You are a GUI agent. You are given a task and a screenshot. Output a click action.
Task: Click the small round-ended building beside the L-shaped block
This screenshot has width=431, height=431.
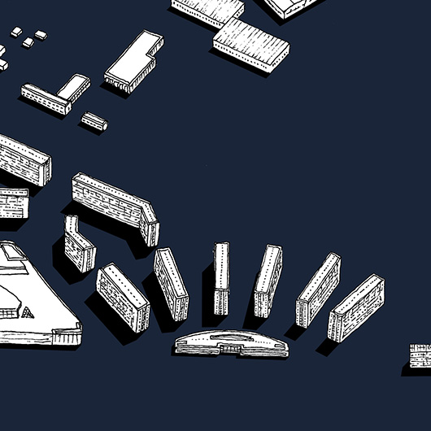[x=94, y=122]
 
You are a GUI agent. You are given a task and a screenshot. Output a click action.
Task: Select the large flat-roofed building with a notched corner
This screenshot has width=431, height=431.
[x=133, y=62]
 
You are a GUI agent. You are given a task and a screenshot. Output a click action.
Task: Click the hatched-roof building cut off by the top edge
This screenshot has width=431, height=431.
[x=209, y=9]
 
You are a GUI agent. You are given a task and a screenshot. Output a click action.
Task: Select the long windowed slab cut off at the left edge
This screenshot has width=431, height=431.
[x=24, y=159]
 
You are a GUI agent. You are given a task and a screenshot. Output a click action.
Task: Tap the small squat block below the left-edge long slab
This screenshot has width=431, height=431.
[x=12, y=202]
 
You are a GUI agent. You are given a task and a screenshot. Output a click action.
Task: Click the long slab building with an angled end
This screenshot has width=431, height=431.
[x=112, y=201]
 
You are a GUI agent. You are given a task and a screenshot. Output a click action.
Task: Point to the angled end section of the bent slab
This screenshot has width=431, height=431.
[x=150, y=224]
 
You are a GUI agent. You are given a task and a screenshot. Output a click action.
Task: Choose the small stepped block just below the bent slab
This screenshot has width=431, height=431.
[x=79, y=246]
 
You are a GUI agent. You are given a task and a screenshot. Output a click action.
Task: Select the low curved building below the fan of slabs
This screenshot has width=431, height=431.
[x=231, y=343]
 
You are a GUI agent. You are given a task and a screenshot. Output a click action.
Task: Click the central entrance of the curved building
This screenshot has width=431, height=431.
[x=232, y=350]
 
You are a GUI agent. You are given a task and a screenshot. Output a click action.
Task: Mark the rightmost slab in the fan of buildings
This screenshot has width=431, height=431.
[x=355, y=307]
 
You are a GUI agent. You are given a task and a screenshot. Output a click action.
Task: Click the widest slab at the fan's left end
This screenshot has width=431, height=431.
[x=123, y=296]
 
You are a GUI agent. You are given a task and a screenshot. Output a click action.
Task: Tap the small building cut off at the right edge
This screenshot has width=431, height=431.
[x=420, y=356]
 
